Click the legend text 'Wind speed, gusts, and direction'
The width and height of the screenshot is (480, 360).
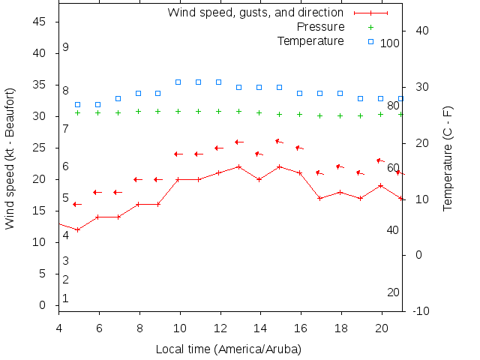pos(255,13)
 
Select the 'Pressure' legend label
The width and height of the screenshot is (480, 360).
pos(321,27)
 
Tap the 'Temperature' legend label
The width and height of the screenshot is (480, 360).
pos(310,40)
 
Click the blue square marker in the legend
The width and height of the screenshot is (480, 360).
pos(370,41)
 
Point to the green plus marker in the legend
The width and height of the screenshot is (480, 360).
pos(370,27)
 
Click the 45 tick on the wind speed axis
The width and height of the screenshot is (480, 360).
pos(40,22)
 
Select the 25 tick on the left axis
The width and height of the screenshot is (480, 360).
pos(40,148)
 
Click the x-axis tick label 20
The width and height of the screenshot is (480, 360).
pos(382,328)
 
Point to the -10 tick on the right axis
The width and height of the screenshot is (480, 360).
pos(421,310)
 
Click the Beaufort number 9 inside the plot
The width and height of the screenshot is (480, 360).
pos(66,47)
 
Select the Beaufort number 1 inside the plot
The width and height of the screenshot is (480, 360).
pos(66,298)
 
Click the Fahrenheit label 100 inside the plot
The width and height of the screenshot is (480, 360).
pos(390,43)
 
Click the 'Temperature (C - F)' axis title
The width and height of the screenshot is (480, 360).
pos(448,157)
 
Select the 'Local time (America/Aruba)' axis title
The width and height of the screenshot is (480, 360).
pos(228,349)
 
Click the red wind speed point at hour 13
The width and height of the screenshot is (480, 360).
pos(238,166)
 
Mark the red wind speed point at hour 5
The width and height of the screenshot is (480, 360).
pos(77,229)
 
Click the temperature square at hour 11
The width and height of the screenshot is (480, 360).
pos(198,82)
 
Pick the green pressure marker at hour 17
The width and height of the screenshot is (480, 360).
pos(319,115)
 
